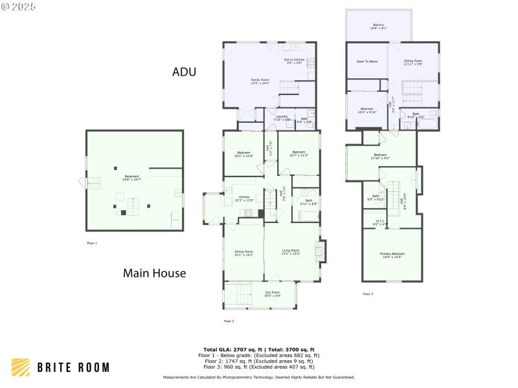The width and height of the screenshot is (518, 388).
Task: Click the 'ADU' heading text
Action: [184, 72]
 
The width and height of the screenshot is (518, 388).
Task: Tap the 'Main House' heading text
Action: [154, 274]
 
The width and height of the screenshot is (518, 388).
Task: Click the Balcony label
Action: [379, 27]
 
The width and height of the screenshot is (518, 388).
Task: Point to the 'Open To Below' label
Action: [366, 61]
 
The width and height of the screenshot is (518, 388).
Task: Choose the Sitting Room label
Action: [413, 61]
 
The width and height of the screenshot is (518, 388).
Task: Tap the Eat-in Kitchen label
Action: [294, 61]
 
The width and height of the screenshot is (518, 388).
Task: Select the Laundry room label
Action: [282, 118]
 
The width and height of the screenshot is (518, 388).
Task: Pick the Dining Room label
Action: [244, 252]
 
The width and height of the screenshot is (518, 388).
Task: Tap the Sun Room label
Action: [273, 294]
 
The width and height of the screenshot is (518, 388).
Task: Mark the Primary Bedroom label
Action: [392, 255]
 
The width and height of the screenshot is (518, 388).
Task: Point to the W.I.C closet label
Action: [380, 222]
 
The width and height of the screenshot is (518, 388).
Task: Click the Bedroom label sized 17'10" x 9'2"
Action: [380, 156]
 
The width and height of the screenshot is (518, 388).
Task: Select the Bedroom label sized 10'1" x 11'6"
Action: [244, 154]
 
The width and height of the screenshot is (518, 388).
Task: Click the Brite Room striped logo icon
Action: [21, 367]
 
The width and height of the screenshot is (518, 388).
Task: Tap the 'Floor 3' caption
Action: [368, 294]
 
